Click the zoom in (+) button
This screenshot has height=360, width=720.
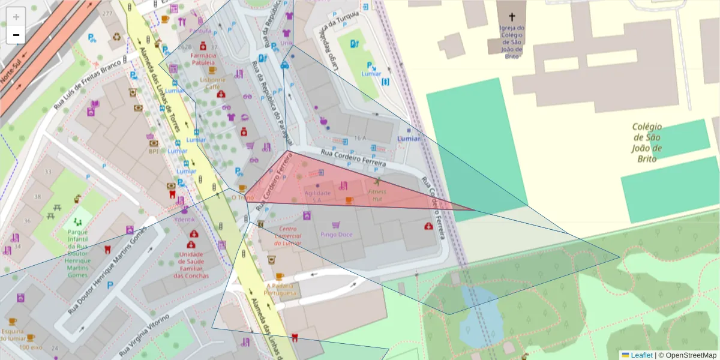click(16, 17)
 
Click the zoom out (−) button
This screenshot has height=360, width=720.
click(16, 35)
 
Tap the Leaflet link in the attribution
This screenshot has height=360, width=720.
click(641, 355)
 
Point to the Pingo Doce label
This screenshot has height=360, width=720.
click(336, 235)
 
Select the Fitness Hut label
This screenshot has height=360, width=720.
click(377, 194)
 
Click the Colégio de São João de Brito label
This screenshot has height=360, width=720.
click(647, 142)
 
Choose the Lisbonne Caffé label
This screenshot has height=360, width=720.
click(213, 83)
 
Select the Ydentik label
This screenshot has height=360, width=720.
click(184, 219)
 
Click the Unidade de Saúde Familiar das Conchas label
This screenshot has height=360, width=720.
click(191, 265)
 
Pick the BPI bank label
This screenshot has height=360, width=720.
click(154, 151)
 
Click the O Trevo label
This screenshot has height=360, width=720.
click(242, 197)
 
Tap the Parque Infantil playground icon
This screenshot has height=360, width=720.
click(77, 222)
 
